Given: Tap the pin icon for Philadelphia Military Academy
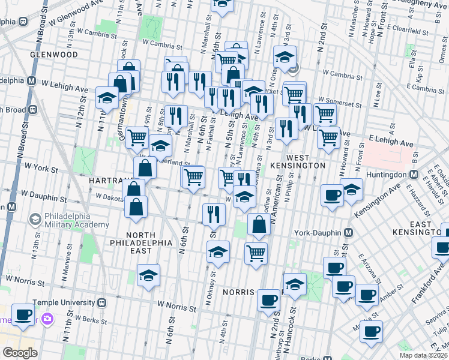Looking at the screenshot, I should (x=34, y=220).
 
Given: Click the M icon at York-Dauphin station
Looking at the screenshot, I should (x=348, y=232).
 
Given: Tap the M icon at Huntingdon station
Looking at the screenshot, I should (x=414, y=175).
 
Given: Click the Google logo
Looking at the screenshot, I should (x=20, y=353).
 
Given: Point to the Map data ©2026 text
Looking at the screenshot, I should (x=423, y=355).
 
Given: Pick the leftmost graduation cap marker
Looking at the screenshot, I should (x=107, y=97).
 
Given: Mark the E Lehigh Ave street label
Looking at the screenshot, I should (x=391, y=143).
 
